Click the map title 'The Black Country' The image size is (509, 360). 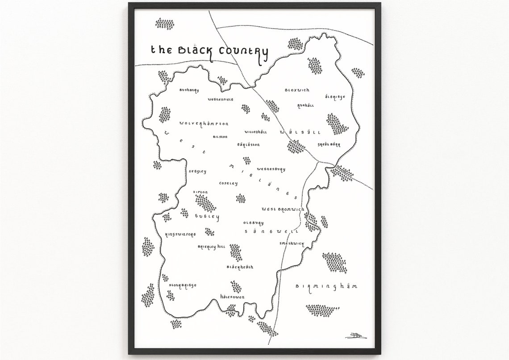point(209,51)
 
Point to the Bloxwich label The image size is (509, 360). point(297,90)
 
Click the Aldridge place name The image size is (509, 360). point(335,96)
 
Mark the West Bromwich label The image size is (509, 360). point(283,209)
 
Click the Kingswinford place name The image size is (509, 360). point(180,234)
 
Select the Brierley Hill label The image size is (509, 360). point(212,246)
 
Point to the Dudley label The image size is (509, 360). point(207,217)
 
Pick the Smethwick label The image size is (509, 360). point(292,243)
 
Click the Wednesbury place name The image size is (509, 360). point(271,169)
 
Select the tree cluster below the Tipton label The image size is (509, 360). point(205,204)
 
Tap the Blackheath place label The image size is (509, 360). point(240,267)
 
